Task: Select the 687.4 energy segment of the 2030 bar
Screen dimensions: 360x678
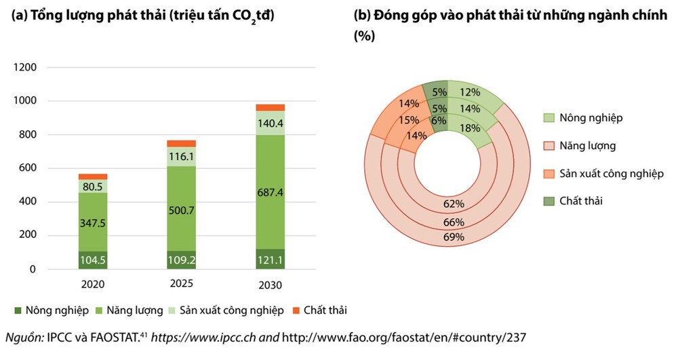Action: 271,193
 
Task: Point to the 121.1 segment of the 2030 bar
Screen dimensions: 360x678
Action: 271,260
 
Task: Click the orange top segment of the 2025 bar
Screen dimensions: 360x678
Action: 181,144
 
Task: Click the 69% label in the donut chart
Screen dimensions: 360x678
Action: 454,237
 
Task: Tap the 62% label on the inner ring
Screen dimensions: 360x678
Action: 454,204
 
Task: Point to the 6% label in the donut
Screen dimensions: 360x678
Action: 438,121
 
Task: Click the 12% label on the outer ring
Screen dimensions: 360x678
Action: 470,92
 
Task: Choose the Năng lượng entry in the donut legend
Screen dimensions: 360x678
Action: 588,145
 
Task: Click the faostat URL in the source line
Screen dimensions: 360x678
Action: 404,337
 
